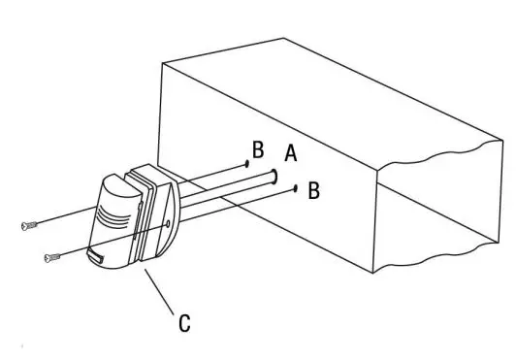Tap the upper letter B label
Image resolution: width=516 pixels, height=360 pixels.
point(258,150)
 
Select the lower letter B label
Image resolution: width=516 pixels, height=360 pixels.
point(313,190)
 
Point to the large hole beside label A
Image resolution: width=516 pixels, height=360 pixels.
point(275,177)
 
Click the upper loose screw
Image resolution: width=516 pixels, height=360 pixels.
point(28,225)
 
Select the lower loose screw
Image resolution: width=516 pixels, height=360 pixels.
point(52,257)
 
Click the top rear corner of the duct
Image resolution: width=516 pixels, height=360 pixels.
point(283,39)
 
